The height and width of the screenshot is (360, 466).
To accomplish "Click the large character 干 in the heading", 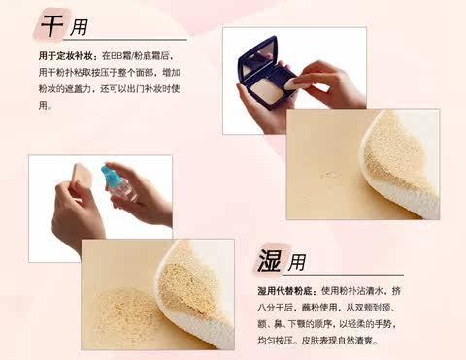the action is click(x=51, y=26).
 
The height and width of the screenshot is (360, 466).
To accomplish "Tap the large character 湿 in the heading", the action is click(x=269, y=260).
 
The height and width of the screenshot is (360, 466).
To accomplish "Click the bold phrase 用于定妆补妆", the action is click(x=67, y=56).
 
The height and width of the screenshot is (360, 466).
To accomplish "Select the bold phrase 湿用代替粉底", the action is click(x=284, y=291).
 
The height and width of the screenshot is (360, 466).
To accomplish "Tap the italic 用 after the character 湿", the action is click(x=296, y=262).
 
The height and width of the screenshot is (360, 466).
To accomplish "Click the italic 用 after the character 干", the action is click(x=79, y=27).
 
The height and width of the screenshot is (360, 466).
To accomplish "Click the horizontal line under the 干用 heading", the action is click(x=125, y=40).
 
